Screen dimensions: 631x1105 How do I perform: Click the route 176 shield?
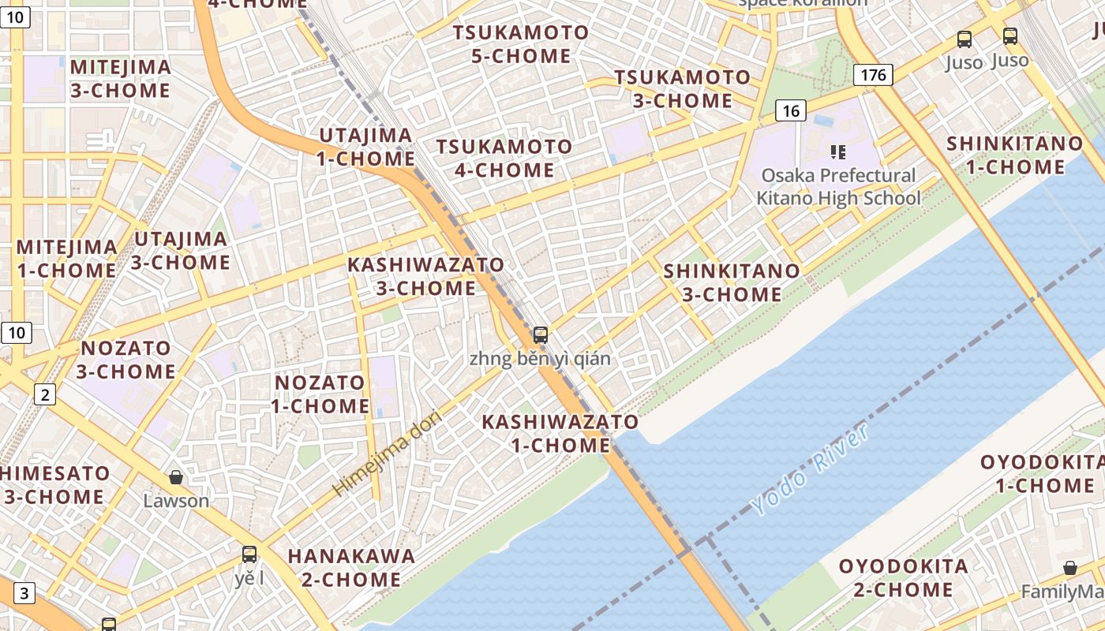[872, 75]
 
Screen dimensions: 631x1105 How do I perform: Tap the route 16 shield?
[790, 110]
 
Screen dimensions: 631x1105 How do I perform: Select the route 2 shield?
[44, 394]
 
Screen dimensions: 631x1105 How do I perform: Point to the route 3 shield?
[24, 593]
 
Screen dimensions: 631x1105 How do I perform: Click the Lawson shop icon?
[176, 477]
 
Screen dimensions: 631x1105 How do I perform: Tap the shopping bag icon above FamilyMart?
[1069, 568]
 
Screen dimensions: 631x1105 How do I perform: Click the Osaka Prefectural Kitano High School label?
[838, 186]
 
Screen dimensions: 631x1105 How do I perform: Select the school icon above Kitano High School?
[837, 151]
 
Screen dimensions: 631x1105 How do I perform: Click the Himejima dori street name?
[386, 453]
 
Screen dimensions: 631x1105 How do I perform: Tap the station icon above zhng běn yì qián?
[540, 334]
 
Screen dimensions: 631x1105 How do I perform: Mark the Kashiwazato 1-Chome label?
[560, 433]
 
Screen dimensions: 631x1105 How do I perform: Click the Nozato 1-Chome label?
[320, 394]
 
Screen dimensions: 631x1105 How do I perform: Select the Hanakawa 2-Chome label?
[351, 567]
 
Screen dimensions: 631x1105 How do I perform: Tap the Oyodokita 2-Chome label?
[903, 577]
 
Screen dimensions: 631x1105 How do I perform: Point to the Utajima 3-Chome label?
[181, 250]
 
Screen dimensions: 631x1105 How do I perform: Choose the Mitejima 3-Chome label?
[121, 78]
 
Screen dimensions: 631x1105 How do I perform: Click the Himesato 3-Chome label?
[55, 484]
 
